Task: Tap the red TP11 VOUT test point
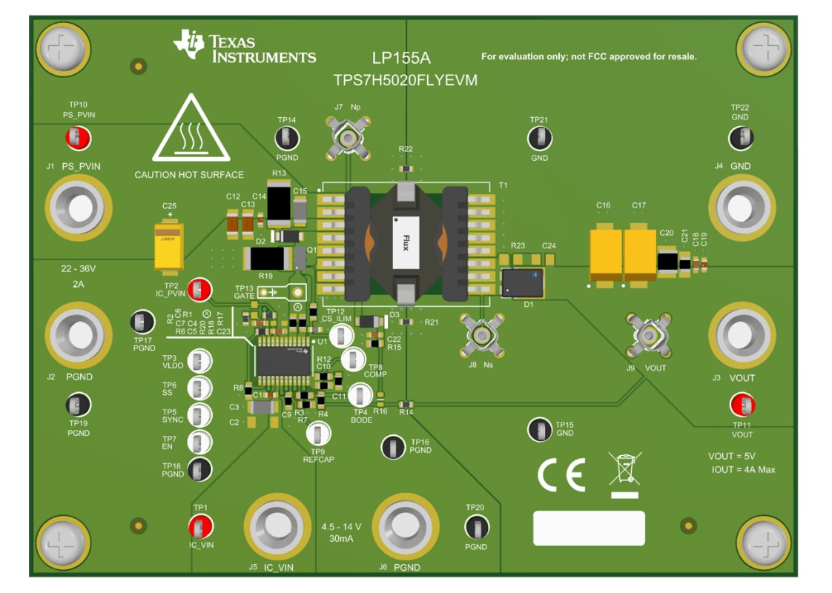coord(742,405)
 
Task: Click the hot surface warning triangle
coord(188,130)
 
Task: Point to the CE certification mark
coord(561,474)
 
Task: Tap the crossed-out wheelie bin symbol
coord(624,473)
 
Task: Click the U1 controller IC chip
coord(283,360)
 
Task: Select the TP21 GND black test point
coord(539,138)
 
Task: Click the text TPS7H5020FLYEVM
coord(405,81)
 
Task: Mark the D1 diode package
coord(522,282)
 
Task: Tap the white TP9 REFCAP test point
coord(318,434)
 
